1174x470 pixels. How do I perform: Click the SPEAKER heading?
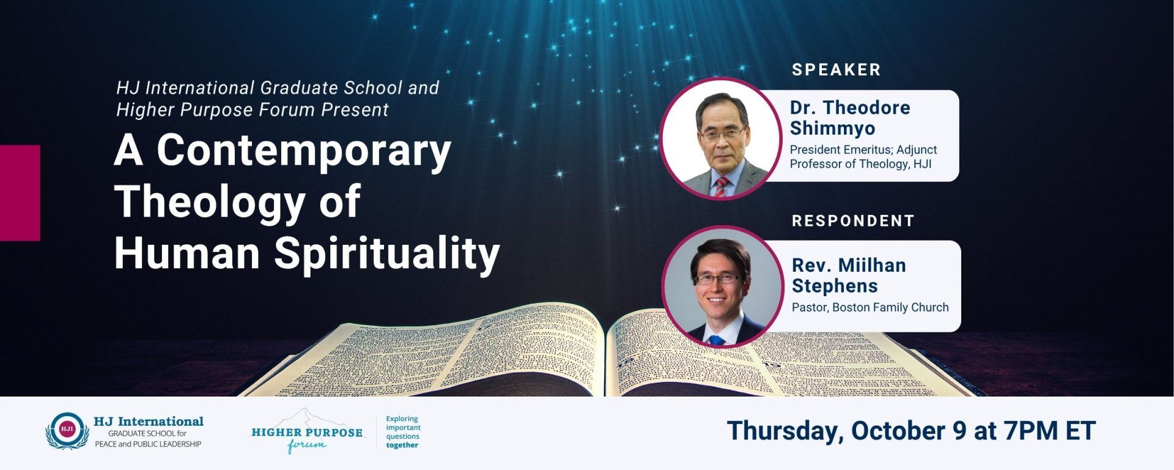tap(836, 70)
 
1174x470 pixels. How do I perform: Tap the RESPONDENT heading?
tap(853, 220)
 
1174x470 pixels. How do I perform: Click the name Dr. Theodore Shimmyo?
tap(850, 117)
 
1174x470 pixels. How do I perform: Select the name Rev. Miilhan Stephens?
tap(849, 275)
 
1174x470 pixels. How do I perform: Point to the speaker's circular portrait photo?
tap(722, 138)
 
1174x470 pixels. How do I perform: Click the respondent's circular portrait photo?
tap(723, 286)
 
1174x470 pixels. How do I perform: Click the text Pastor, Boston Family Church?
tap(870, 307)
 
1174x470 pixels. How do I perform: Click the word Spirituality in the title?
tap(386, 253)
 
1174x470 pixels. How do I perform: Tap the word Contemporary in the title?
tap(304, 151)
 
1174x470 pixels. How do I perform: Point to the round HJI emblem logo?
tap(67, 430)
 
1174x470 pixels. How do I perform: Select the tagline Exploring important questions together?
tap(403, 432)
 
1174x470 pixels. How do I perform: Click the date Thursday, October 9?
tap(847, 431)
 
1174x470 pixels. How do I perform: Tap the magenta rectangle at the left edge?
tap(20, 193)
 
